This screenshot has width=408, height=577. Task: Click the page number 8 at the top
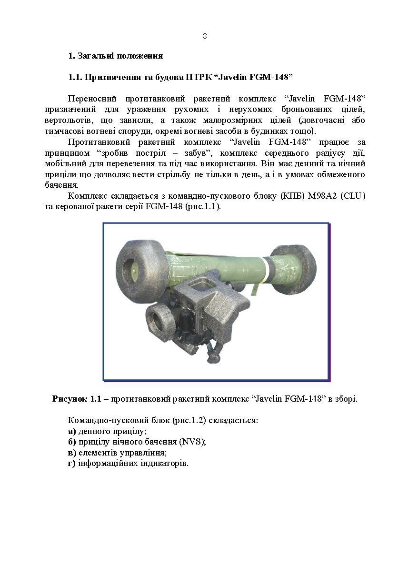coord(204,36)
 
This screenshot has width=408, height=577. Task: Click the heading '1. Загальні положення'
coord(116,56)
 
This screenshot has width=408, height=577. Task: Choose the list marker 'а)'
coord(72,431)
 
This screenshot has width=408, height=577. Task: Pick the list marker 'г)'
coord(72,463)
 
